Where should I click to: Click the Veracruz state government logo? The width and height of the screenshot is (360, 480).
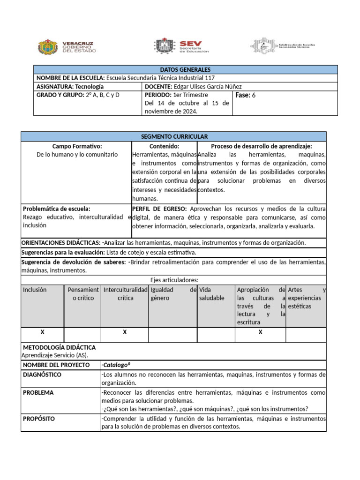click(66, 46)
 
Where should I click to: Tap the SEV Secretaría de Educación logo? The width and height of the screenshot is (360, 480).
click(180, 46)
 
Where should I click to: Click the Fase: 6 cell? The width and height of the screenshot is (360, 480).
click(247, 95)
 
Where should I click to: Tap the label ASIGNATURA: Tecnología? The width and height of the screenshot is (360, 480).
click(70, 87)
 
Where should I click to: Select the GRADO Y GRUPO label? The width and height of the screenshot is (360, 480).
click(60, 95)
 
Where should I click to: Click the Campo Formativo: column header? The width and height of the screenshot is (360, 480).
click(77, 146)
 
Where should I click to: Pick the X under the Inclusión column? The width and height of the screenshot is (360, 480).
click(42, 332)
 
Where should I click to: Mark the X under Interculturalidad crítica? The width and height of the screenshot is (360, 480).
click(125, 332)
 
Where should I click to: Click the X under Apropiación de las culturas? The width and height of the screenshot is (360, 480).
click(261, 332)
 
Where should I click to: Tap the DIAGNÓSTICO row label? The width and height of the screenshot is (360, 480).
click(42, 375)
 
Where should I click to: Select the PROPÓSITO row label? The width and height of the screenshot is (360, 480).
click(39, 418)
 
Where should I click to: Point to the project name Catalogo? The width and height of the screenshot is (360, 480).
click(116, 365)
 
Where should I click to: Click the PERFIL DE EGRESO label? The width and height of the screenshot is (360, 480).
click(160, 209)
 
